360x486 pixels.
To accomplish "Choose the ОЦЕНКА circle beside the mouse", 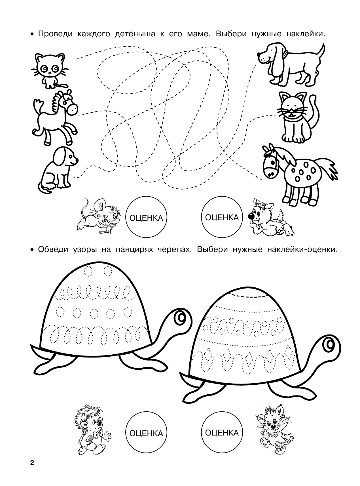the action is pyautogui.click(x=146, y=218).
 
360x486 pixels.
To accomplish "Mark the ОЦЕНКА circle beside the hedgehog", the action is pyautogui.click(x=146, y=433).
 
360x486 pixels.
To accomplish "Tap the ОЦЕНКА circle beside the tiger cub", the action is pyautogui.click(x=222, y=433).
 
